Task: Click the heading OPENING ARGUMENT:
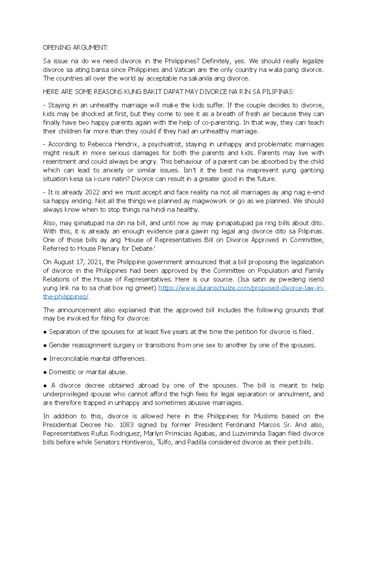75,48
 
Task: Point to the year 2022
92,192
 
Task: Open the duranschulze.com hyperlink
241,288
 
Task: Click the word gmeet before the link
146,288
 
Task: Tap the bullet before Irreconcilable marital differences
45,359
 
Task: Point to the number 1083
127,425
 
